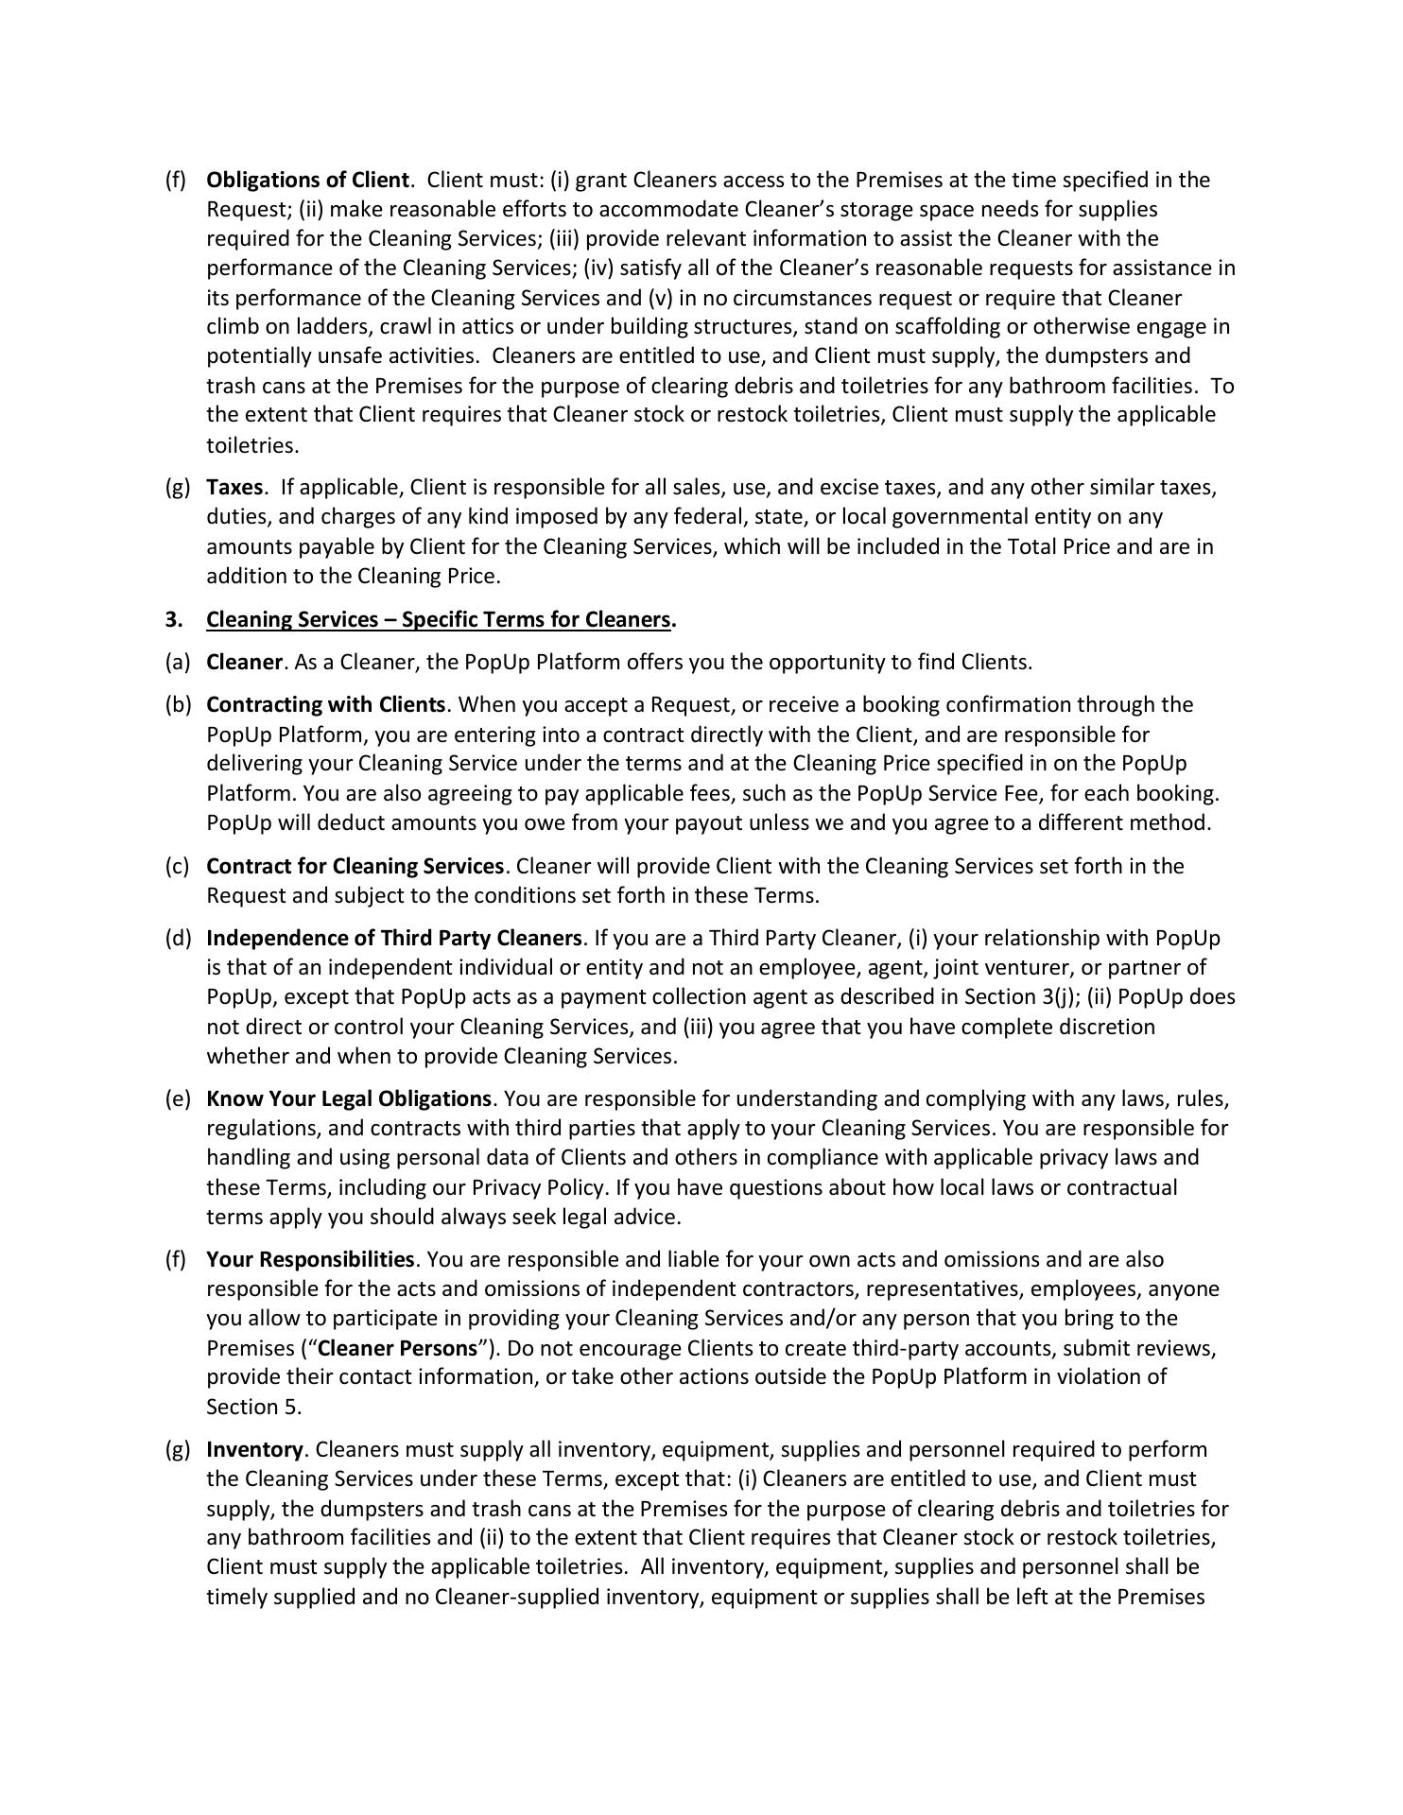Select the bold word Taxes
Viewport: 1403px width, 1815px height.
coord(234,487)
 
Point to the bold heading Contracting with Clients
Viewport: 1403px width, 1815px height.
coord(325,704)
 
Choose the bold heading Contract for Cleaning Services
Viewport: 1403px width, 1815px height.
coord(355,866)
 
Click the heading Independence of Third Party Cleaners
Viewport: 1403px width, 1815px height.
coord(394,938)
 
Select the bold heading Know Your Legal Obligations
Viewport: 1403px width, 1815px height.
coord(349,1098)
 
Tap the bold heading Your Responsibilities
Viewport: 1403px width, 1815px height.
coord(310,1259)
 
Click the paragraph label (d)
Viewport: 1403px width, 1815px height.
coord(177,938)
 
